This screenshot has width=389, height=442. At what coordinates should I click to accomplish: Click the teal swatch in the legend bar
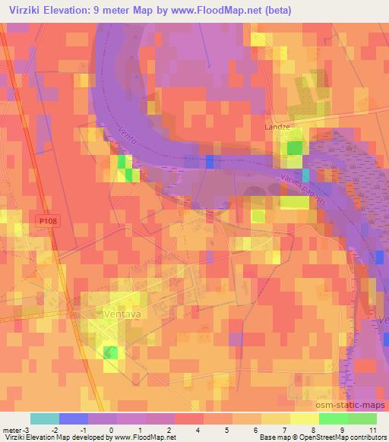point(45,418)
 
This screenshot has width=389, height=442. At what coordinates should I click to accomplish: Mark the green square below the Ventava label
point(112,351)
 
